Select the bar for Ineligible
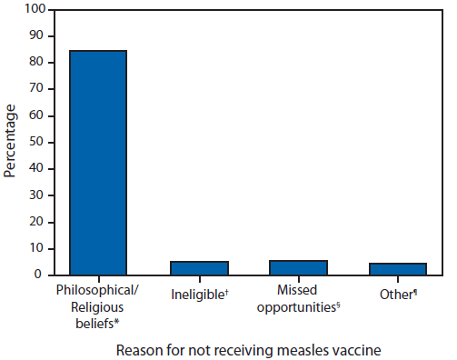[199, 267]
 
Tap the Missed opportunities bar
[299, 266]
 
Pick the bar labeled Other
[398, 268]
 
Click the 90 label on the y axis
[35, 36]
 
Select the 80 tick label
[35, 63]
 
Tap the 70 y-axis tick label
[35, 89]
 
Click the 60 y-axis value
[35, 115]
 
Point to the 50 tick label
[35, 142]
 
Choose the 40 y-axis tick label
[35, 168]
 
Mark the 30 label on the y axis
[35, 195]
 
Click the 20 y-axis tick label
[35, 221]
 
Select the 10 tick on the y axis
[35, 247]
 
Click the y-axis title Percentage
[10, 141]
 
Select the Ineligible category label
[196, 295]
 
